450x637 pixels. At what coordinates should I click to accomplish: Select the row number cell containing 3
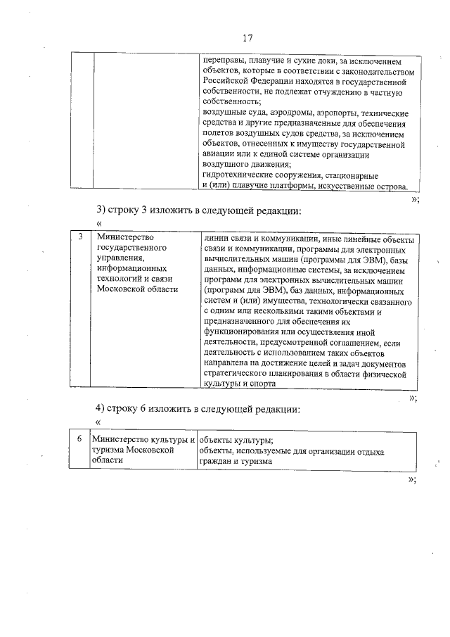pos(81,238)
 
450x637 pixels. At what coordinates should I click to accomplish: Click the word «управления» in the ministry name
pos(119,258)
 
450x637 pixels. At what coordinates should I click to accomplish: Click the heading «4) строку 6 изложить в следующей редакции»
pos(199,409)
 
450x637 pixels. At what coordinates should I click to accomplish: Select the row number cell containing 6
pos(81,438)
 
